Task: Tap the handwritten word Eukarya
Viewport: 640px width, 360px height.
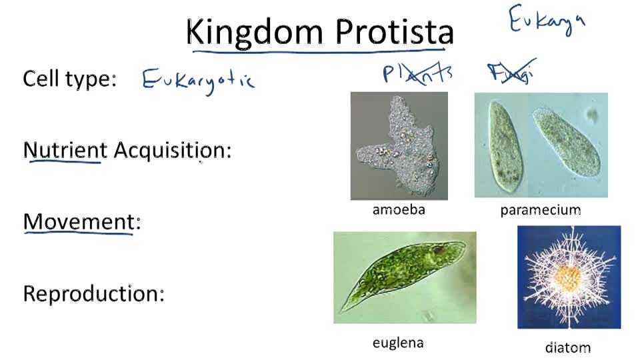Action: click(x=547, y=20)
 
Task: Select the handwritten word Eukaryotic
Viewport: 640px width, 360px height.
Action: click(x=198, y=81)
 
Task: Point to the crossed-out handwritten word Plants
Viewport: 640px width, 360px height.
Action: click(x=417, y=73)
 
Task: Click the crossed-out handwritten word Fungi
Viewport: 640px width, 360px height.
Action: click(x=511, y=73)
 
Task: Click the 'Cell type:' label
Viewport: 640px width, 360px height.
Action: click(x=69, y=79)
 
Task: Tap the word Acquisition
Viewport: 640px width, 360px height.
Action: click(x=172, y=150)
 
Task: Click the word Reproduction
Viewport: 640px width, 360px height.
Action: click(x=93, y=293)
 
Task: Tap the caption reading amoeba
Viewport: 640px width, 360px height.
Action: click(x=399, y=209)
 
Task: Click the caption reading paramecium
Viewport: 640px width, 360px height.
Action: click(x=540, y=210)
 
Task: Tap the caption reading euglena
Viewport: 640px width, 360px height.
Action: click(x=398, y=343)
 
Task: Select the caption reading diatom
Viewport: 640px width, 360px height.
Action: click(x=568, y=347)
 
